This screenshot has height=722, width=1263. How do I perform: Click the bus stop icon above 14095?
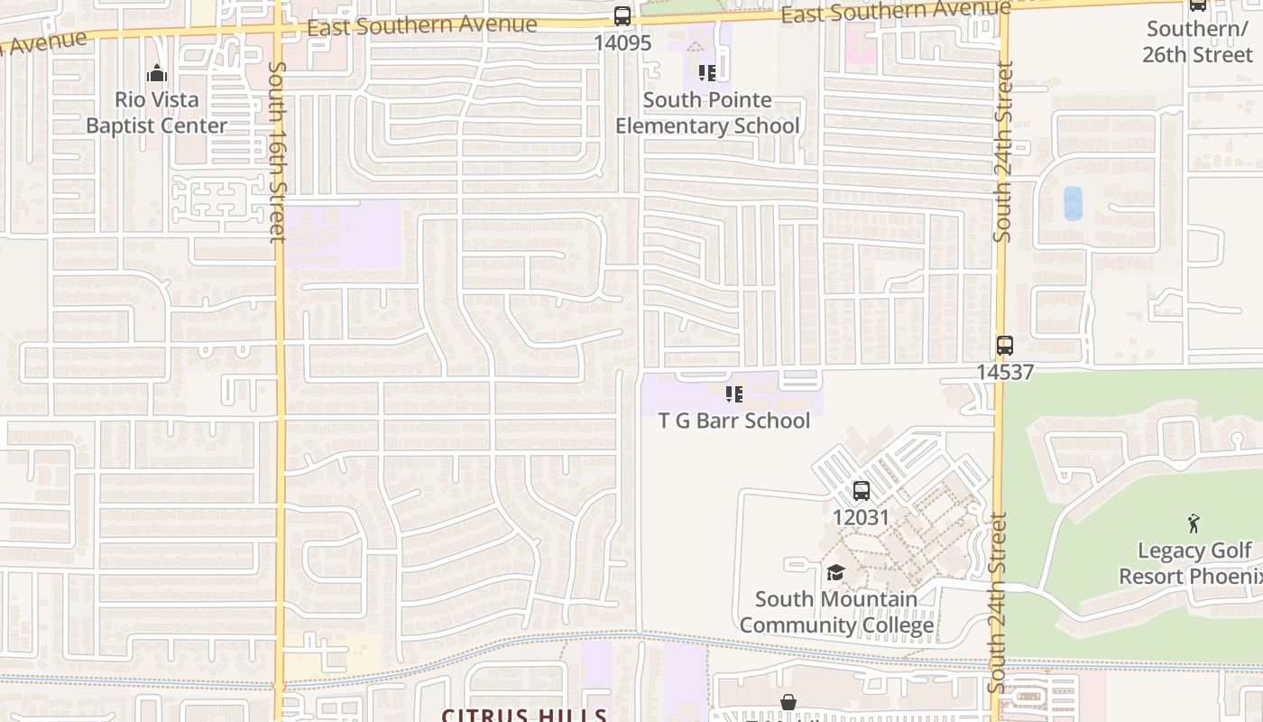[622, 15]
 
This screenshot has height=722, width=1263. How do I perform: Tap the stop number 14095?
[622, 42]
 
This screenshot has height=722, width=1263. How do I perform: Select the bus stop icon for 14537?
[1005, 346]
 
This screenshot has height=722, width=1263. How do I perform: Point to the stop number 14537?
[1005, 372]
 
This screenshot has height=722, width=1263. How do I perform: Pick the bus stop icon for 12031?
[862, 491]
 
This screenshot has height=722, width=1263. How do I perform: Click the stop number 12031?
[861, 517]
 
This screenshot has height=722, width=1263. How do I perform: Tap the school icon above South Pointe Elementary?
[707, 72]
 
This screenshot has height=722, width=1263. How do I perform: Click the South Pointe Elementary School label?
[707, 113]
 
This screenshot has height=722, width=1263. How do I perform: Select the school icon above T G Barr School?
[734, 394]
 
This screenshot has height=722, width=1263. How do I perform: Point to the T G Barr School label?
[734, 421]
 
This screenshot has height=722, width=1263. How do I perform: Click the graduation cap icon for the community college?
[835, 572]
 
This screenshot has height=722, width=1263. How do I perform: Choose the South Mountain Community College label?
[836, 612]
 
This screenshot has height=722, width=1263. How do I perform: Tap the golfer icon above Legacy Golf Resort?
[1194, 523]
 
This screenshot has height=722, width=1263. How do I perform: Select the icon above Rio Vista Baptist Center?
[157, 73]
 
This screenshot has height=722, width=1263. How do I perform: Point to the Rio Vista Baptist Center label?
[157, 113]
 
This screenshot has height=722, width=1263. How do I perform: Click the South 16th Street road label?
[277, 151]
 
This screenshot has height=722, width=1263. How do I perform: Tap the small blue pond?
[1073, 203]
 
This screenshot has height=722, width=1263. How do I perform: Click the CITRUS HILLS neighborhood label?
[523, 715]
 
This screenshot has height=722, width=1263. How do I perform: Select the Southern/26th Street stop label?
[1197, 42]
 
